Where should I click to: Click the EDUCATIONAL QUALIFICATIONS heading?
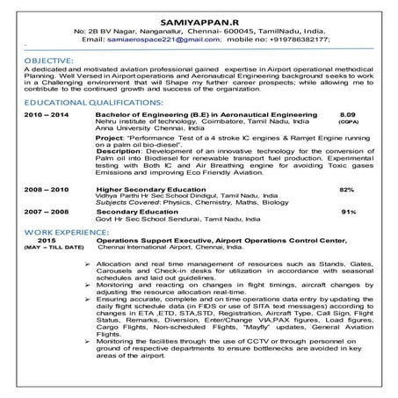coord(77,102)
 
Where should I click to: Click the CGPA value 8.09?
coord(346,115)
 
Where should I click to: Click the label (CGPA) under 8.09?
coord(346,123)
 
